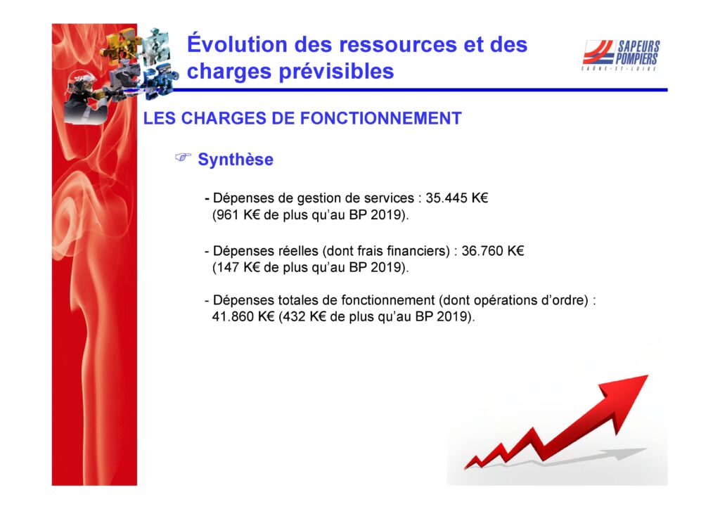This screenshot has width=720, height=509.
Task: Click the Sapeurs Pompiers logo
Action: point(621,55)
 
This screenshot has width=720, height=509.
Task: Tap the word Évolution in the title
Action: point(237,44)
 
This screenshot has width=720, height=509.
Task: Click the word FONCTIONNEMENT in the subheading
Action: point(380,118)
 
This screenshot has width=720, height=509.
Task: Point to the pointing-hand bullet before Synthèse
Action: point(183,157)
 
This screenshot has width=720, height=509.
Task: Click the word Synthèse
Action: point(236,160)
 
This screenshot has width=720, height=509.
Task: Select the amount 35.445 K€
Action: point(457,198)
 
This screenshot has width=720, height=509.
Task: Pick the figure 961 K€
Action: point(236,215)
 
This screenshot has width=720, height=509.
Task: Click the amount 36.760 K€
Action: point(493,250)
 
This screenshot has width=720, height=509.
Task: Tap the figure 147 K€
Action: point(236,268)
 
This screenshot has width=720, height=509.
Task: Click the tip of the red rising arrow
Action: point(648,375)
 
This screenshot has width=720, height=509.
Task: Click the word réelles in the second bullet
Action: point(298,251)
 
